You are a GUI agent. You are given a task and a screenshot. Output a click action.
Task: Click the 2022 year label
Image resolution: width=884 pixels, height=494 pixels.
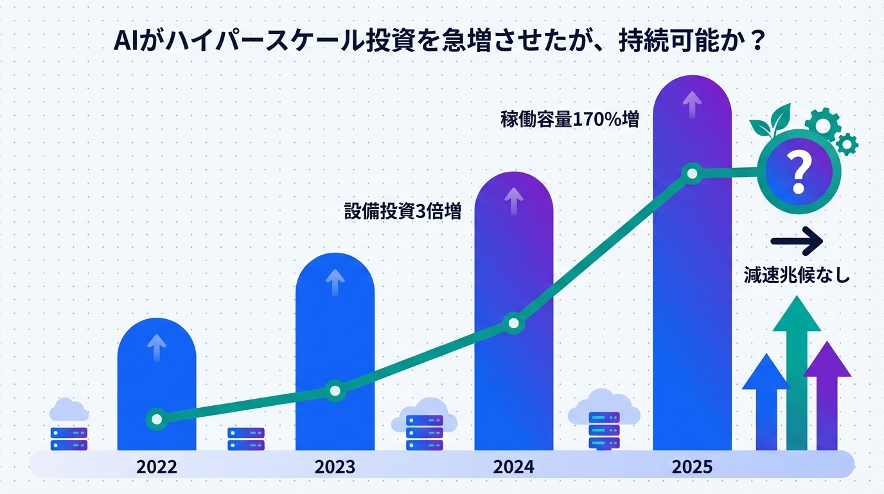point(156,466)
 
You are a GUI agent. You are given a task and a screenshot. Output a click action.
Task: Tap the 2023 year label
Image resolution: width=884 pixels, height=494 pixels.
point(335,466)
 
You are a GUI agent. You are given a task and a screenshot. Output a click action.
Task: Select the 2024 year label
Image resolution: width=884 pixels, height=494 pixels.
point(513,466)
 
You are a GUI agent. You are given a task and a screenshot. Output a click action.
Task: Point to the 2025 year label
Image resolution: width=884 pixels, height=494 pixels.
point(692,466)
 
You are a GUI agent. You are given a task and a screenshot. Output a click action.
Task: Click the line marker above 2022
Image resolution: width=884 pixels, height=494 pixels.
point(156,419)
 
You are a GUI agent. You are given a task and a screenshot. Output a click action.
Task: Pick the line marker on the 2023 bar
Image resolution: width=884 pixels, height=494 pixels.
point(335,390)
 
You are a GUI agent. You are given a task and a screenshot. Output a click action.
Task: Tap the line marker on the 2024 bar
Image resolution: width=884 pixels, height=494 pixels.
point(513,323)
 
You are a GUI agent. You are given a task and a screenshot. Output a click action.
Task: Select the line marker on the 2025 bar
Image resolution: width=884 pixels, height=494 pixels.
point(692,173)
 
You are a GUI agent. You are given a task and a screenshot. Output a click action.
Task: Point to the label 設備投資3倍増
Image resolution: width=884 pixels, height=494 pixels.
point(403,212)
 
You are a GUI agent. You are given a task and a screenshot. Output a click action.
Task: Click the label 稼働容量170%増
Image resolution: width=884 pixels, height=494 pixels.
point(569,119)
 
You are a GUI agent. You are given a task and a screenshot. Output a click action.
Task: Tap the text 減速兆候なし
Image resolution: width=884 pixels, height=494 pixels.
point(797,275)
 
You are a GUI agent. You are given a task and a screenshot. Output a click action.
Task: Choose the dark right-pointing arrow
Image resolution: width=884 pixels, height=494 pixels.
point(797,242)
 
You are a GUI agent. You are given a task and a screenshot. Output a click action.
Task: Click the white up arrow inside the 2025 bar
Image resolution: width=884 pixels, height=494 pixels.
point(692,104)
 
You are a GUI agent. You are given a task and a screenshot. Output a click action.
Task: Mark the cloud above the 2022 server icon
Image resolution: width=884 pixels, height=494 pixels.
point(69,409)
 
